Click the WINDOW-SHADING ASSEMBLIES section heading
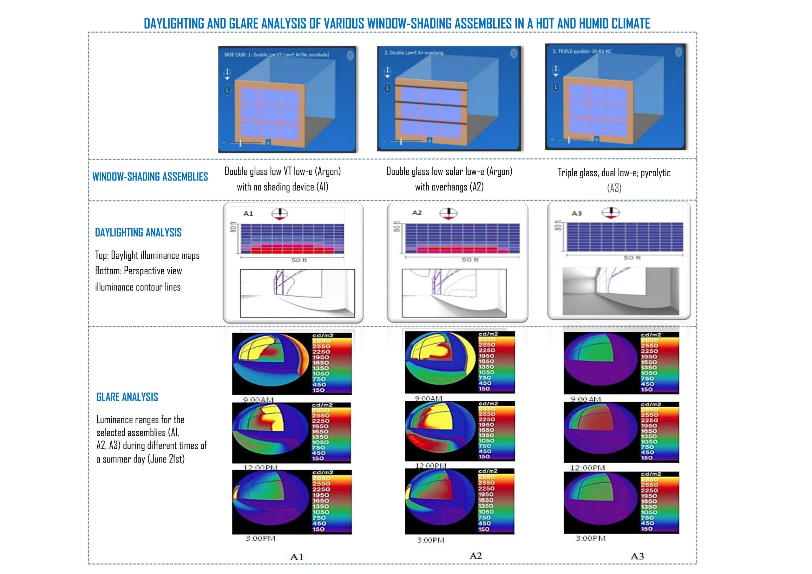[150, 177]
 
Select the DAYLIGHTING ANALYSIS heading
[138, 233]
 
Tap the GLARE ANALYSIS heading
[127, 397]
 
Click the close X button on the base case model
[350, 55]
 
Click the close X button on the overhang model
[514, 53]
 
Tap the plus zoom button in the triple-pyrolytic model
[596, 139]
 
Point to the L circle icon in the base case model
[227, 90]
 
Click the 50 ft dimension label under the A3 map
[632, 258]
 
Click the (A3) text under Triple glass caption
[614, 188]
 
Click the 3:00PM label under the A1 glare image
[260, 538]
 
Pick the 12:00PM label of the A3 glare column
[587, 468]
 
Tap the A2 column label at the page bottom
[475, 556]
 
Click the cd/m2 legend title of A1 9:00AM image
[323, 335]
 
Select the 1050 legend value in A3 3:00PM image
[649, 512]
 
